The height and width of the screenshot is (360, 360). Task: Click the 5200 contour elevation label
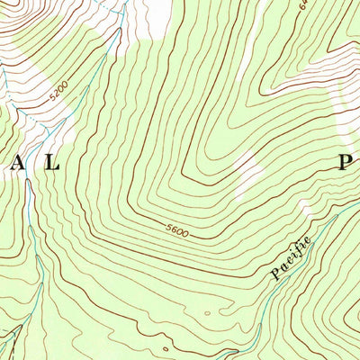[58, 91]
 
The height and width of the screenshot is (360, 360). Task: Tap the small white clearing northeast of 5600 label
[245, 175]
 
